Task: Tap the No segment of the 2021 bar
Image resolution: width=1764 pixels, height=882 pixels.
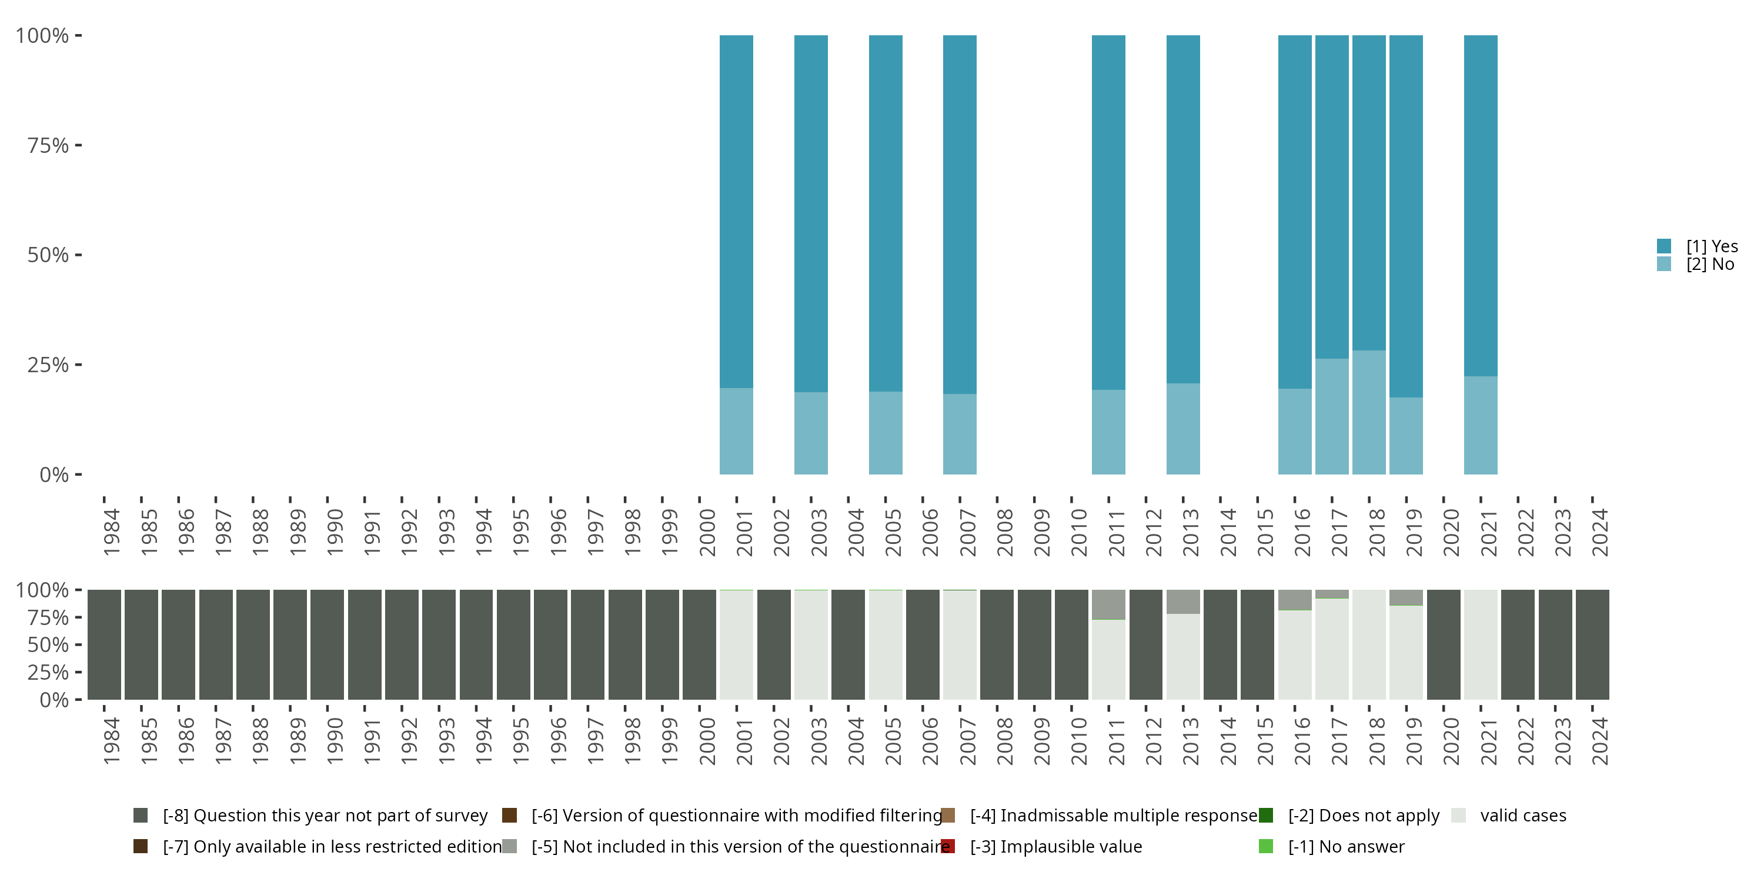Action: point(1481,425)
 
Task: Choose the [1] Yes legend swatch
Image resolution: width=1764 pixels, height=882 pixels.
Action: point(1664,246)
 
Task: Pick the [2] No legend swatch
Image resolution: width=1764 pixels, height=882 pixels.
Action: point(1664,263)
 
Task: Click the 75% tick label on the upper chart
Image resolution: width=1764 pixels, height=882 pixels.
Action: point(48,145)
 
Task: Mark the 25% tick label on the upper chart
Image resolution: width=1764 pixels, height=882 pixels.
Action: point(48,365)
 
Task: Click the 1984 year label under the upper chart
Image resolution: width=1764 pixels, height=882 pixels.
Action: point(112,533)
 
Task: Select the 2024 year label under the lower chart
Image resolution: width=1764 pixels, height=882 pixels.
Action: point(1599,741)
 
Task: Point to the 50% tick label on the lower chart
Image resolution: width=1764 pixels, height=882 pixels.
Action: point(48,644)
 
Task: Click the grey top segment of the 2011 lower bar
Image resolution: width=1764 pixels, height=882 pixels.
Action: point(1108,604)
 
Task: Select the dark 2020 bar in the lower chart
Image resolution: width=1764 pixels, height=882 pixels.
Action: point(1444,644)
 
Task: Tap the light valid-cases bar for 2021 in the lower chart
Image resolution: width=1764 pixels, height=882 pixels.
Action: point(1481,644)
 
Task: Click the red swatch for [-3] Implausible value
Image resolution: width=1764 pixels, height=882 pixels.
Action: point(948,846)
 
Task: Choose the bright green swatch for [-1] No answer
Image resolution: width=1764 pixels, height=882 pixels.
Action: point(1265,846)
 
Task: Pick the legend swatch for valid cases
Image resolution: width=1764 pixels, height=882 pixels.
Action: point(1459,815)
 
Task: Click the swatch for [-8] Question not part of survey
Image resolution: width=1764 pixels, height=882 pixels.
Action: point(141,815)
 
